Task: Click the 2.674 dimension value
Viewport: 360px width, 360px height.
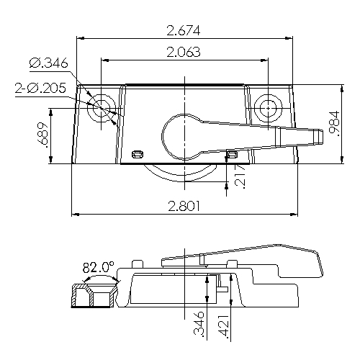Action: pyautogui.click(x=183, y=30)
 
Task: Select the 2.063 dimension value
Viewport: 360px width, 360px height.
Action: pyautogui.click(x=183, y=52)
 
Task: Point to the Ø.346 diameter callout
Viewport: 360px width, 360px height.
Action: pyautogui.click(x=49, y=64)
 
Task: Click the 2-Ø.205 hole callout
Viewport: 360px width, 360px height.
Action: pyautogui.click(x=41, y=89)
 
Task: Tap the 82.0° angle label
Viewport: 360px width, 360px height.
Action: pyautogui.click(x=99, y=268)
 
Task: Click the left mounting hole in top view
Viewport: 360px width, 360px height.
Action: pyautogui.click(x=101, y=108)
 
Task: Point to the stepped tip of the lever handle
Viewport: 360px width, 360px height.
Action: pyautogui.click(x=310, y=135)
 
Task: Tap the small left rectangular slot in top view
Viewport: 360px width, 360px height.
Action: pyautogui.click(x=138, y=153)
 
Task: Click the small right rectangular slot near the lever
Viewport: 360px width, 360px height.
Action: pyautogui.click(x=231, y=153)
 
